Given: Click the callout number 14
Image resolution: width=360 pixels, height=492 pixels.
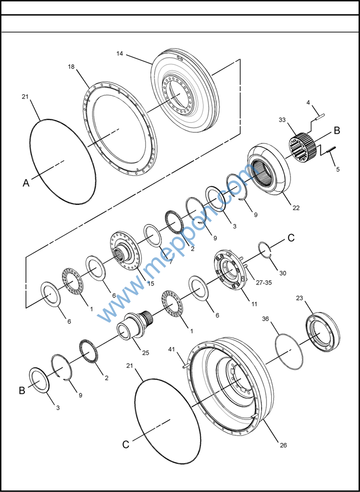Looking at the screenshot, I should [119, 53].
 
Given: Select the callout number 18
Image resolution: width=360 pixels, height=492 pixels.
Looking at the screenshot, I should [71, 66].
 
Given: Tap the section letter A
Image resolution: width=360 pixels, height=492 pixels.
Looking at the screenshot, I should [26, 184].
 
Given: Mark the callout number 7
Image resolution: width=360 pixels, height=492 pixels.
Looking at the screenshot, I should [170, 262].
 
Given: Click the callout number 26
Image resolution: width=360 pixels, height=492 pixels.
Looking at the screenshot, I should [283, 445].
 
